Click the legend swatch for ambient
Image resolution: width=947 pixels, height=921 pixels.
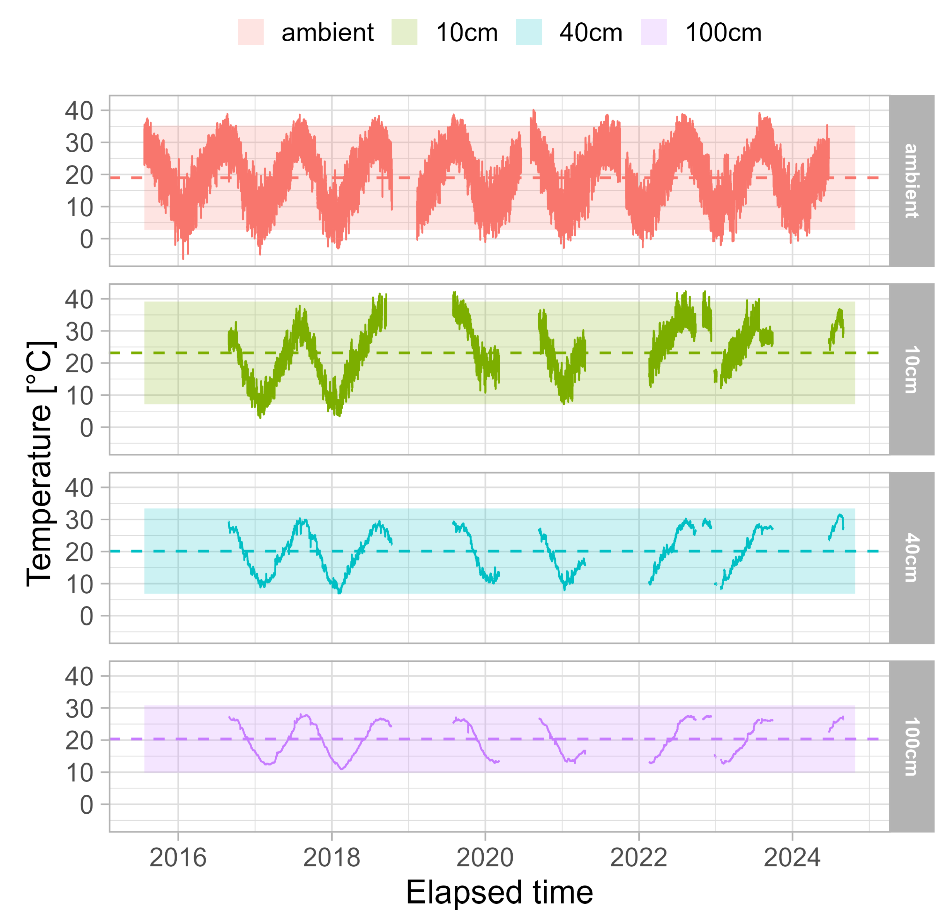pyautogui.click(x=250, y=32)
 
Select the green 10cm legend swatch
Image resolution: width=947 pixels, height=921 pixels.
pyautogui.click(x=404, y=32)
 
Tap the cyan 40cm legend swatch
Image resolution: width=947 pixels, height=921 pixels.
pyautogui.click(x=529, y=32)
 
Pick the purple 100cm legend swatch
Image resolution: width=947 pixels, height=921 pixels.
pyautogui.click(x=653, y=32)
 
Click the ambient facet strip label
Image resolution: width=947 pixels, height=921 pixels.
pyautogui.click(x=911, y=181)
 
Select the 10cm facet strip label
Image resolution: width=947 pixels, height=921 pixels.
pyautogui.click(x=911, y=369)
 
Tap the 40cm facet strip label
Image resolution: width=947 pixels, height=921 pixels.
pyautogui.click(x=911, y=558)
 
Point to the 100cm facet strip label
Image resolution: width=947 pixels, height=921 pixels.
pyautogui.click(x=911, y=746)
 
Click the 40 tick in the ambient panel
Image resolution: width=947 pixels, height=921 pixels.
pyautogui.click(x=79, y=111)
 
